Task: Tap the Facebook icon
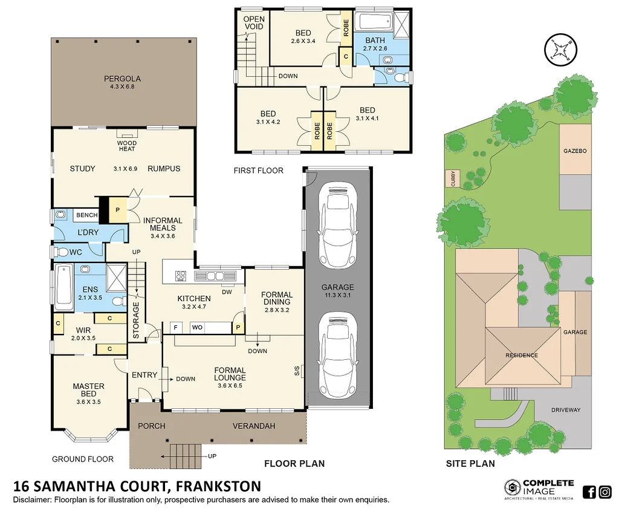point(589,492)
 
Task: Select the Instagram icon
point(605,492)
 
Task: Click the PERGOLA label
point(122,79)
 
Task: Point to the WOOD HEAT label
point(126,146)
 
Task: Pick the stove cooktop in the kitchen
point(180,276)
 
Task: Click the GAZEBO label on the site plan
point(575,150)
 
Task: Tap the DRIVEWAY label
point(565,410)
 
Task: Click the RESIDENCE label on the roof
point(521,355)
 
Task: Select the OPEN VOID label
point(254,23)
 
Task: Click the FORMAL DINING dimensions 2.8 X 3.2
point(277,310)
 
